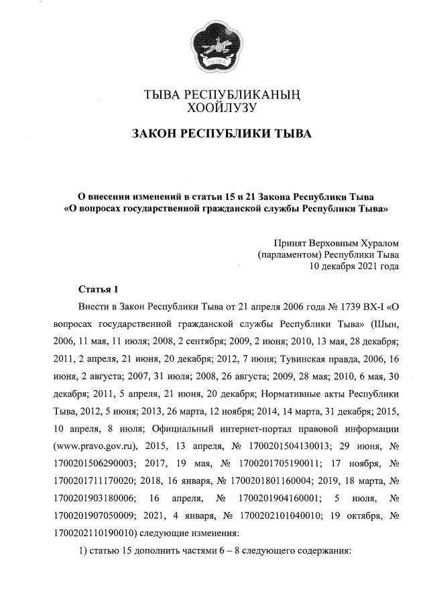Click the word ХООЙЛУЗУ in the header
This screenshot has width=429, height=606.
(223, 106)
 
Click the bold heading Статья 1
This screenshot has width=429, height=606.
(98, 289)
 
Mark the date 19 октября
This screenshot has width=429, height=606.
(359, 516)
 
